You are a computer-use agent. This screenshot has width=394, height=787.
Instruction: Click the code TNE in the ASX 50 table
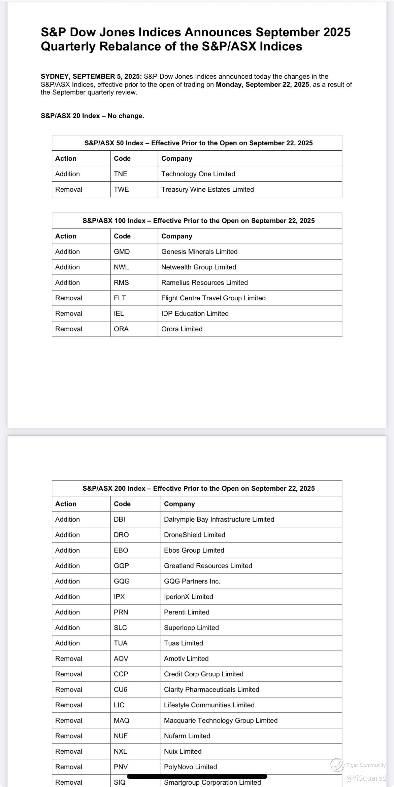pyautogui.click(x=121, y=174)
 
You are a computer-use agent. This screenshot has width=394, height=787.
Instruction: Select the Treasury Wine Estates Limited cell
pyautogui.click(x=207, y=189)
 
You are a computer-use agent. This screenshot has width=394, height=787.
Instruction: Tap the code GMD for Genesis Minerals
pyautogui.click(x=122, y=252)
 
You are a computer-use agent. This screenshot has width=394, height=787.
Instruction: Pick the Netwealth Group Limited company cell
pyautogui.click(x=199, y=267)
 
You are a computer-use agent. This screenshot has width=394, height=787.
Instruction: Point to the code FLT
pyautogui.click(x=120, y=298)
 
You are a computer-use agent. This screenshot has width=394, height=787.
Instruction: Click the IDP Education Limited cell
pyautogui.click(x=195, y=313)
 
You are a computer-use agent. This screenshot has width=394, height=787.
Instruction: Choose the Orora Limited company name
pyautogui.click(x=182, y=329)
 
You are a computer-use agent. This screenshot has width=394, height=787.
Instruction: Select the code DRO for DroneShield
pyautogui.click(x=121, y=535)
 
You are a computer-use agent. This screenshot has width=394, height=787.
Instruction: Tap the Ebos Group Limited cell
pyautogui.click(x=194, y=550)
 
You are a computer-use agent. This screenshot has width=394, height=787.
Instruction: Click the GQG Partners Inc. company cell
pyautogui.click(x=192, y=581)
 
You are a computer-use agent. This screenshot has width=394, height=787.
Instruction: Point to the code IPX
pyautogui.click(x=119, y=597)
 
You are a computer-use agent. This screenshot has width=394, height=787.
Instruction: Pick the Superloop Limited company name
pyautogui.click(x=191, y=628)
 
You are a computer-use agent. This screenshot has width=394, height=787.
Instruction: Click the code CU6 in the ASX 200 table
pyautogui.click(x=121, y=689)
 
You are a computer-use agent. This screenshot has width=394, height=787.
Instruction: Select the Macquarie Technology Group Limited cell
pyautogui.click(x=221, y=720)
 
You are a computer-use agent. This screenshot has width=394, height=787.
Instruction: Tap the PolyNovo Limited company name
pyautogui.click(x=190, y=767)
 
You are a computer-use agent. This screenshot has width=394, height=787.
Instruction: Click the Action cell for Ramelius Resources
pyautogui.click(x=67, y=283)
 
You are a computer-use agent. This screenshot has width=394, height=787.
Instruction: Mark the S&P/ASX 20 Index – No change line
pyautogui.click(x=92, y=116)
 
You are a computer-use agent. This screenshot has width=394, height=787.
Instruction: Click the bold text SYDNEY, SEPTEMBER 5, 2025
pyautogui.click(x=91, y=77)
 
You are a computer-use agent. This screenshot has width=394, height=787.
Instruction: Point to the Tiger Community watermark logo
pyautogui.click(x=337, y=765)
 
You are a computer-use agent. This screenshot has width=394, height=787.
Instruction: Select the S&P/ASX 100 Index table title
pyautogui.click(x=198, y=221)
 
